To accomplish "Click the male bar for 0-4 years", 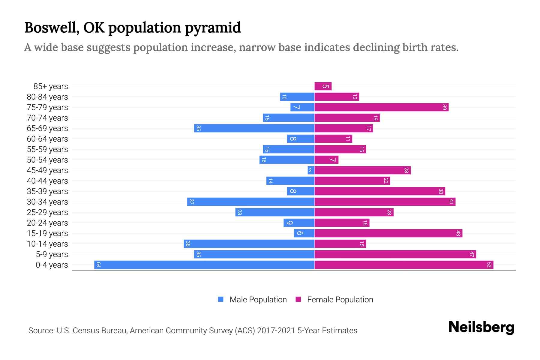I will coord(204,265).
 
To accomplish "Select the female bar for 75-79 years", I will coord(381,107).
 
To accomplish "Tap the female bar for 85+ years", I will coord(323,86).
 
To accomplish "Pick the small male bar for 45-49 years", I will coord(311,170).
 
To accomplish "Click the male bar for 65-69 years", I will coord(254,128).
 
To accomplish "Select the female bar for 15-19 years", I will coord(388,233).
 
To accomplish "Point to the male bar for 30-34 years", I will coord(251,202).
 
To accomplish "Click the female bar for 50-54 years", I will coord(326,160).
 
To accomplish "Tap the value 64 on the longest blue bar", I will coord(98,265).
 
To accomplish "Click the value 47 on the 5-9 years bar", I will coord(472,254).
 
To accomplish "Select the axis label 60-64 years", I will coord(47,139).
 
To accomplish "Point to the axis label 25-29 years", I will coord(47,212).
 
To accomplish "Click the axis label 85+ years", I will coord(51,86).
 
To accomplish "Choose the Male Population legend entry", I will coord(258,299).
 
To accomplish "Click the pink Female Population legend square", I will coord(298,299).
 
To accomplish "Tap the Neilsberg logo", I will coord(481,327).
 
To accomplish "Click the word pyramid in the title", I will coord(213,28).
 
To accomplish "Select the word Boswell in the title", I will coord(52,28).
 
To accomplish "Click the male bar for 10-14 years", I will coord(249,244).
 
